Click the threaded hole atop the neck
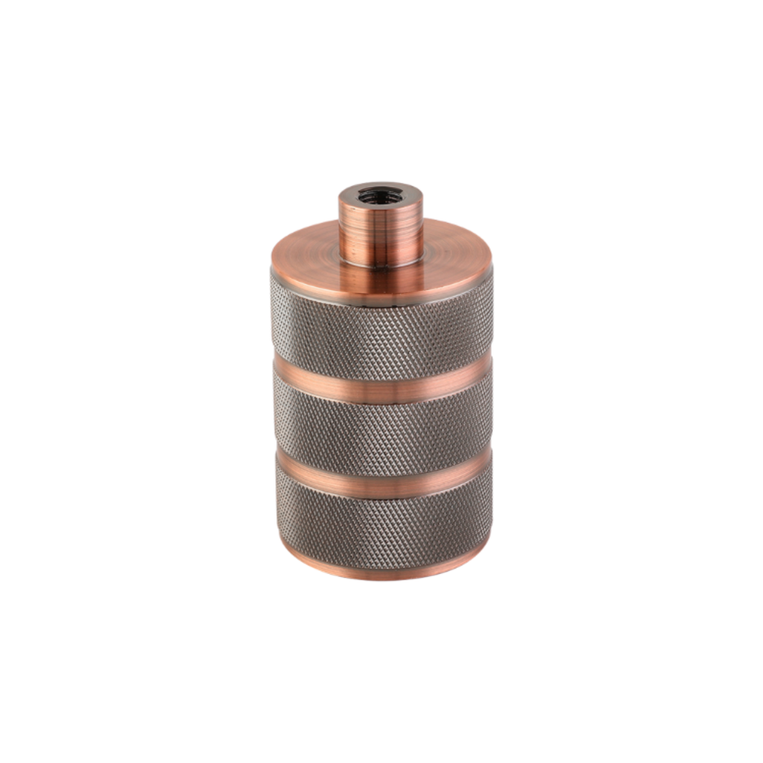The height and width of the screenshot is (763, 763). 380,196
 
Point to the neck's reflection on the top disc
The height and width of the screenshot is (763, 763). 381,279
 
